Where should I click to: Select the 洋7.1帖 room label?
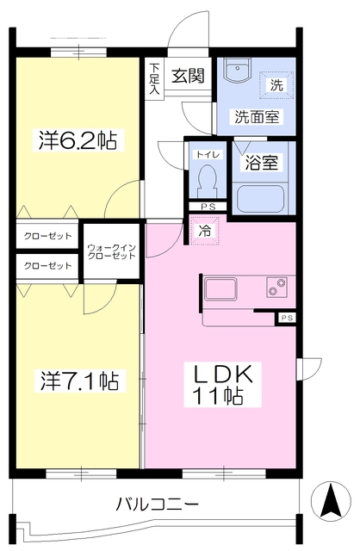77,379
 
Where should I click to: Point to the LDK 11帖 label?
220,385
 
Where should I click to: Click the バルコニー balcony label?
158,505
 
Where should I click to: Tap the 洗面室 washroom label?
253,117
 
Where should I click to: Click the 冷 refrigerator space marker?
205,231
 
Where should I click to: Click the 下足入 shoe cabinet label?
154,77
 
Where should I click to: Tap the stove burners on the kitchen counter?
277,287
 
